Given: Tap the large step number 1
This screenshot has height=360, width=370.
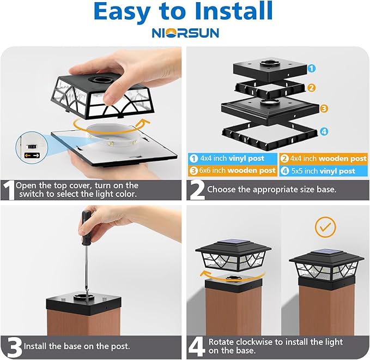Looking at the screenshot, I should [x=8, y=190].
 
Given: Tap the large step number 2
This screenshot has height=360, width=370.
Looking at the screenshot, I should [x=197, y=190].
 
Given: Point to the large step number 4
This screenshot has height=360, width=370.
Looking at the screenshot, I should [x=197, y=346].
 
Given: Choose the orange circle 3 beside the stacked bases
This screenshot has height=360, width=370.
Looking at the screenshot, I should [x=324, y=109].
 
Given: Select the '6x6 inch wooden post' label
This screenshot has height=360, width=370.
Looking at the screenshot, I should [x=233, y=171].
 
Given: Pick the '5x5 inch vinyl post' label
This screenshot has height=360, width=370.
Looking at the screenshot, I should [x=324, y=171].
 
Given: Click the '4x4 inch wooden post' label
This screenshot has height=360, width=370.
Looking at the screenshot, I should [x=324, y=158].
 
